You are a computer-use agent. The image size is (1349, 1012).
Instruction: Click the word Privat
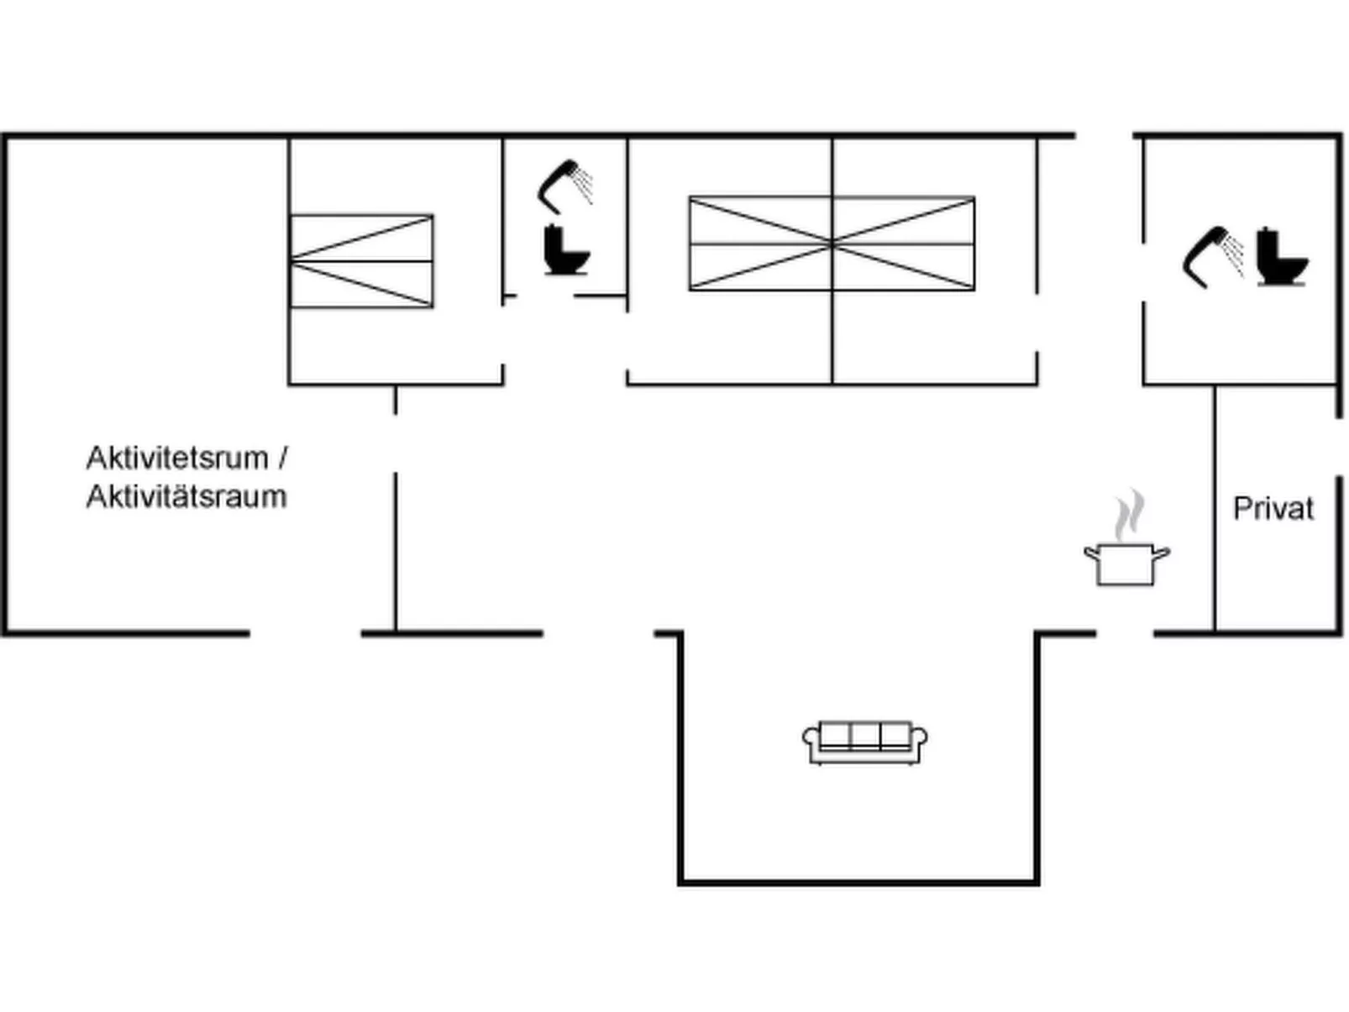tap(1272, 509)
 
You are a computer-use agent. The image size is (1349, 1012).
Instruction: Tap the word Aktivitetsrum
tap(177, 459)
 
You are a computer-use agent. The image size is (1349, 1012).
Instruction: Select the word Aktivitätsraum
tap(186, 497)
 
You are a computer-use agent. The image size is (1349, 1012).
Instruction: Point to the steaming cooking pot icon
tap(1126, 564)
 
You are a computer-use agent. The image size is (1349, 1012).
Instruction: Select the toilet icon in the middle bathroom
tap(566, 249)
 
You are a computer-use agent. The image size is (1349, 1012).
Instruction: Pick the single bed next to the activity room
tap(362, 261)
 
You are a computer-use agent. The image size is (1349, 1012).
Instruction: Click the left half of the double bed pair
tap(760, 244)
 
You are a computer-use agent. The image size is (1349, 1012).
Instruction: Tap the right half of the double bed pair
tap(904, 244)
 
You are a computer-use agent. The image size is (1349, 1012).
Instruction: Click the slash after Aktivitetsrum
tap(281, 459)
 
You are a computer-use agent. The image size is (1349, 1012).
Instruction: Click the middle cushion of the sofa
tap(864, 735)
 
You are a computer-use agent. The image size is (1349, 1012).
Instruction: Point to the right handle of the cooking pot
tap(1161, 553)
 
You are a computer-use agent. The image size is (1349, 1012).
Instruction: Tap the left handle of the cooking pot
tap(1091, 553)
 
